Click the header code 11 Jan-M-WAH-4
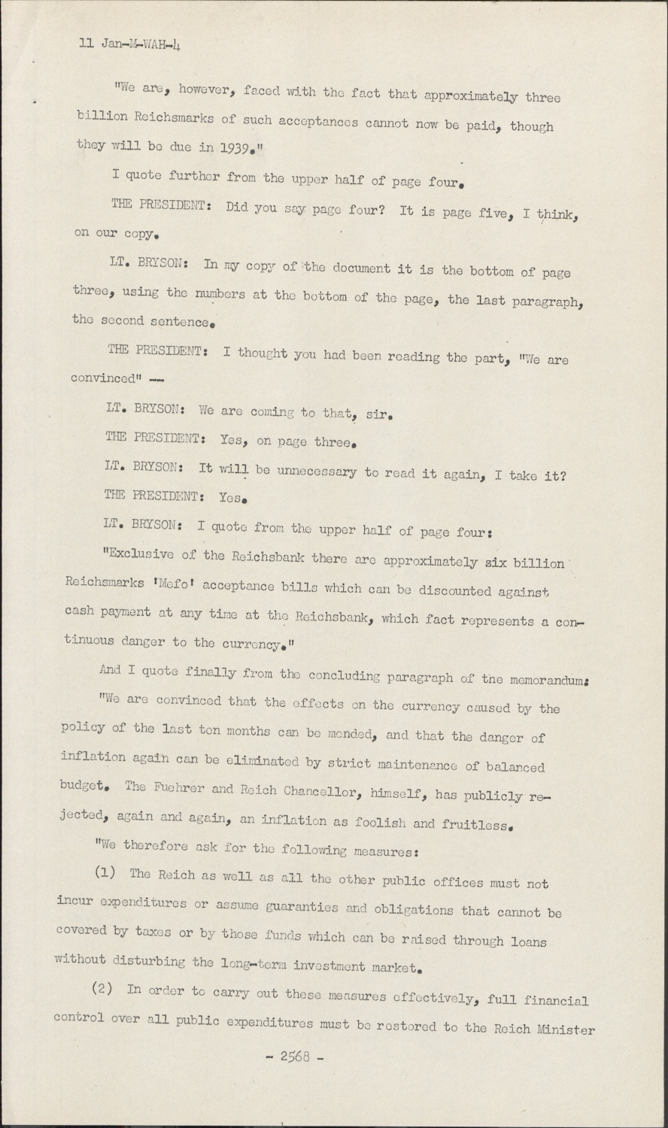(x=130, y=44)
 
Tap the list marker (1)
(x=104, y=874)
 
